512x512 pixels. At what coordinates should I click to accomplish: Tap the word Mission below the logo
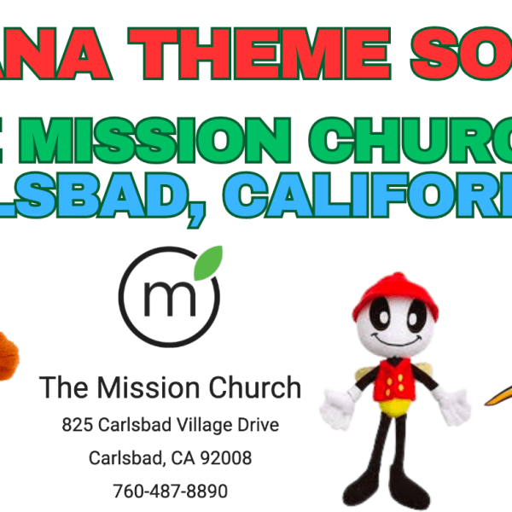tap(148, 388)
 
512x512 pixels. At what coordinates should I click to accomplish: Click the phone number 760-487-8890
tap(171, 492)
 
